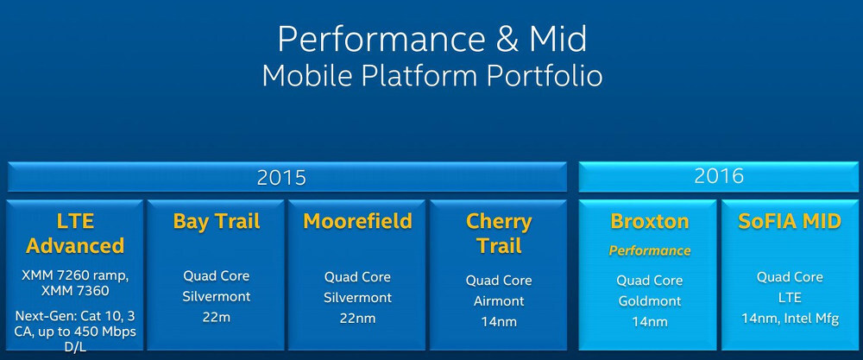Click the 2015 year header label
coord(281,178)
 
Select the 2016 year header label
coord(718,176)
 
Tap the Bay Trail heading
coord(216,221)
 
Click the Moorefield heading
coord(357,221)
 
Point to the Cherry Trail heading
coord(499,233)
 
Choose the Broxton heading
coord(650,221)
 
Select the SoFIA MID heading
coord(790,221)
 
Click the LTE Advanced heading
coord(75,233)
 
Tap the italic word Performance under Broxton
coord(650,250)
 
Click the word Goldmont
coord(650,300)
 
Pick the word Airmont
coord(499,301)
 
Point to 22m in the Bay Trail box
coord(216,319)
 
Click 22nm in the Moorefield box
coord(357,319)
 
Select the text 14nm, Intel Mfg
coord(790,319)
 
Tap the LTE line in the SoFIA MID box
coord(790,298)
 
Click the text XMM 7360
coord(74,291)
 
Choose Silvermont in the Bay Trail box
coord(216,298)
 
